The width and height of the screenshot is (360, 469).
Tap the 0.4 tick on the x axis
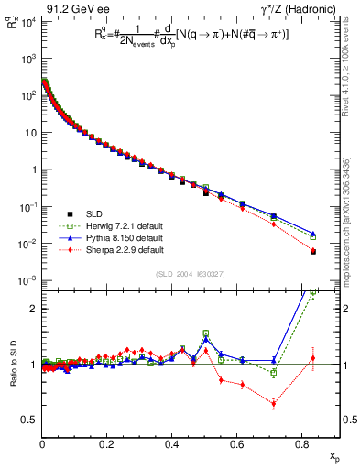pyautogui.click(x=172, y=445)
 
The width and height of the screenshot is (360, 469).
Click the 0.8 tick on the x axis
pyautogui.click(x=301, y=445)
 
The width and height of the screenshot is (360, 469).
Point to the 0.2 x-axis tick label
pyautogui.click(x=107, y=445)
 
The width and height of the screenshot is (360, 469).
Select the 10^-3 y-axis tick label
pyautogui.click(x=27, y=280)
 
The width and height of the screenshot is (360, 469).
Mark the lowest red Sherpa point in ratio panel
pyautogui.click(x=274, y=404)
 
